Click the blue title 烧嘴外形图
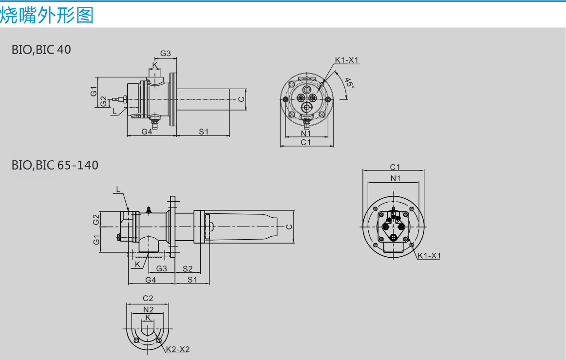(x=47, y=15)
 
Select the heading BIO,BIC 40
(x=41, y=50)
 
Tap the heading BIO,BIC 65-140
(x=55, y=165)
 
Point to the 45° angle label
(x=349, y=83)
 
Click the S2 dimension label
(x=188, y=268)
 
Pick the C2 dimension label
(x=148, y=298)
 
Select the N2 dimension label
(x=149, y=309)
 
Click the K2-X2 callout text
(x=178, y=349)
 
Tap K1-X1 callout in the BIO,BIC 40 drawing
(x=346, y=60)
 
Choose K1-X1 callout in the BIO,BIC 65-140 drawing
(x=429, y=256)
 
